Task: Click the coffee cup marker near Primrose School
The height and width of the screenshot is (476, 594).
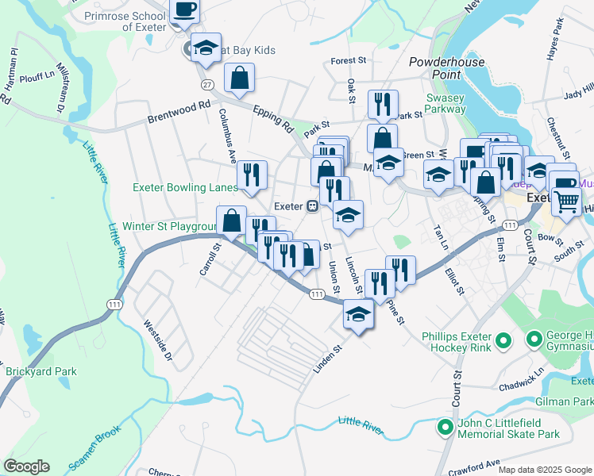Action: click(x=184, y=11)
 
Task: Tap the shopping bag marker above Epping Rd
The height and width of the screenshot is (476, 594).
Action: click(x=239, y=78)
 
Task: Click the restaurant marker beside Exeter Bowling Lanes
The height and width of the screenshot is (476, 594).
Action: click(x=253, y=175)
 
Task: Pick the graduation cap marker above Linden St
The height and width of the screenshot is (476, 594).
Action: click(x=358, y=314)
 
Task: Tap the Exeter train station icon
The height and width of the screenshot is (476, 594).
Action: click(x=313, y=206)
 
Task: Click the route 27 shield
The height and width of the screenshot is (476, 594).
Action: click(x=207, y=84)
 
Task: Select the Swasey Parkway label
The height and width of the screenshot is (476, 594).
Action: click(x=445, y=103)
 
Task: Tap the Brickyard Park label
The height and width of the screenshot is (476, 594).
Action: click(x=41, y=370)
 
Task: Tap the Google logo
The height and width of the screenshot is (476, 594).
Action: click(x=26, y=466)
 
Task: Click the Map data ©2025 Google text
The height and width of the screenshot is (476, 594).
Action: click(x=544, y=470)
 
